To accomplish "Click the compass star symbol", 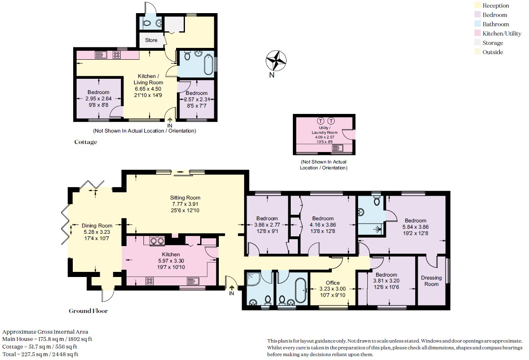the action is tap(276, 61).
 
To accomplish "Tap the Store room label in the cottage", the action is tap(151, 40).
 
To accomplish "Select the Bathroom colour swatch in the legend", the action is tap(477, 24).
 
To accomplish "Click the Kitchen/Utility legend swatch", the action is tap(477, 33).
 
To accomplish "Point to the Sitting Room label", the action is tap(185, 198).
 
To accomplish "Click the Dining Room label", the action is tap(97, 225).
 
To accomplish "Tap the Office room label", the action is tap(333, 282).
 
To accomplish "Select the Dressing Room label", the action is tap(432, 281).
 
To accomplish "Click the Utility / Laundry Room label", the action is tap(325, 130).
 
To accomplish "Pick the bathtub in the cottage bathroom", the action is tap(208, 64).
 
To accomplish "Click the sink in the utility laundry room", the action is tap(337, 148).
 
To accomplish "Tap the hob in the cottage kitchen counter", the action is tap(116, 55).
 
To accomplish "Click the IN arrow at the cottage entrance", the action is tap(170, 120).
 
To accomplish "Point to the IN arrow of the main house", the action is tap(231, 288).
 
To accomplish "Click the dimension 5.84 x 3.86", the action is tap(416, 227).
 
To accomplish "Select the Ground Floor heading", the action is tap(88, 311).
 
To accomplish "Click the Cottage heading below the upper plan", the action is tap(86, 142).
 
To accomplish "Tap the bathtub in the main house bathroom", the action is tap(300, 290).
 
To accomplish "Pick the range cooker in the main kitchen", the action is tap(157, 241).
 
